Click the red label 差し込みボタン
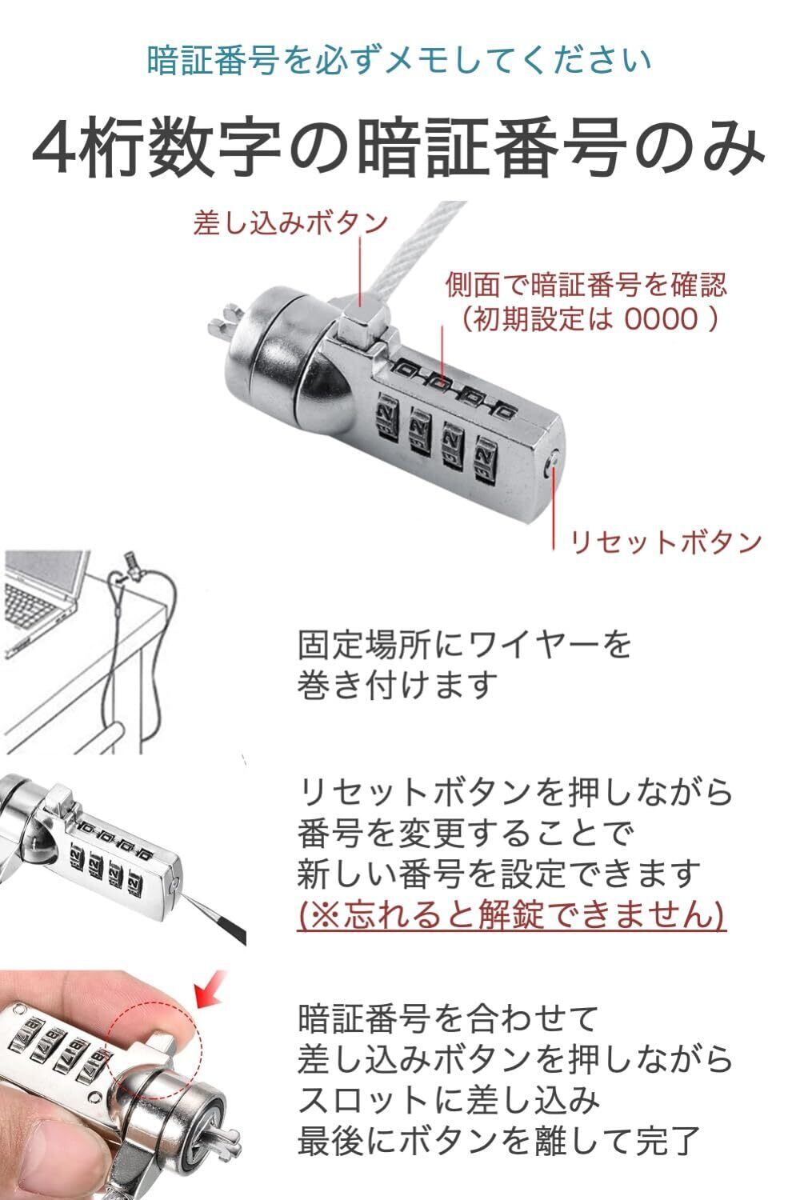(x=290, y=223)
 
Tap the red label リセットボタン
(x=665, y=542)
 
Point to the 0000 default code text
(x=662, y=318)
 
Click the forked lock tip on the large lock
(x=222, y=318)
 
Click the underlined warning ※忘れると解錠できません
(x=511, y=914)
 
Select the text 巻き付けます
(x=395, y=685)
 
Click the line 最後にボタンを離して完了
(x=498, y=1141)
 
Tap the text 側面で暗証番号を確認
(x=586, y=284)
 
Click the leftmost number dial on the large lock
(x=387, y=414)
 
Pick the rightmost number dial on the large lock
(x=486, y=457)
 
